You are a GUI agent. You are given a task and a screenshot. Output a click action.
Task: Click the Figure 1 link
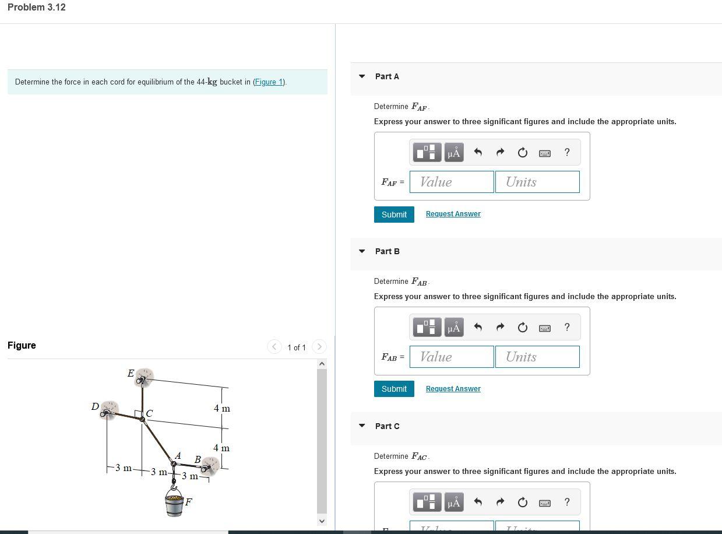coord(269,82)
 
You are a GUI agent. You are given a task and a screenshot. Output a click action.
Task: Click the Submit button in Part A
coord(394,215)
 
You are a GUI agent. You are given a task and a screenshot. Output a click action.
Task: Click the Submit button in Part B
coord(394,389)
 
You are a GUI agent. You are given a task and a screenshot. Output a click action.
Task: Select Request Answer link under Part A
coord(453,214)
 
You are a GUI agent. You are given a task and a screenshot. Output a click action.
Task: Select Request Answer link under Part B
coord(453,389)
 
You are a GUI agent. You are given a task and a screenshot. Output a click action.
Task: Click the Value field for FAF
coord(452,182)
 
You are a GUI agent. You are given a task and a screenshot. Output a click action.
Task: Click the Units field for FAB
coord(537,357)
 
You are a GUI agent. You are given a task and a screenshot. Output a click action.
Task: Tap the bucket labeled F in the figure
coord(174,503)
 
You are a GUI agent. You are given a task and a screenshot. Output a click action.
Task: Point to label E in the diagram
coord(131,373)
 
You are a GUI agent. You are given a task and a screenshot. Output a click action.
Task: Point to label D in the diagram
coord(95,406)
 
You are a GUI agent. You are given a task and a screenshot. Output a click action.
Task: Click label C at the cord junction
coord(149,413)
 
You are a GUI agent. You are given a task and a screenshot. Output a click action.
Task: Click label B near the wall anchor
coord(198,460)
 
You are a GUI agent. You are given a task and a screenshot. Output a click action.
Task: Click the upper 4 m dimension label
coord(221,409)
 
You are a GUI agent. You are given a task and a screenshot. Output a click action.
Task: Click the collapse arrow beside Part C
coord(362,426)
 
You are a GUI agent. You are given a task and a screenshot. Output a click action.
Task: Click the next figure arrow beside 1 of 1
coord(319,347)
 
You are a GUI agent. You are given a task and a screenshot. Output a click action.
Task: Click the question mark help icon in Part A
coord(567,152)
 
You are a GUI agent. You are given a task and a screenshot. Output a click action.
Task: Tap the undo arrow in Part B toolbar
coord(478,327)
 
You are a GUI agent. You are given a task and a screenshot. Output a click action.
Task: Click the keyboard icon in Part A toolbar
coord(545,153)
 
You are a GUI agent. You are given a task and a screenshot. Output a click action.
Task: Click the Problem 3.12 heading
coord(37,8)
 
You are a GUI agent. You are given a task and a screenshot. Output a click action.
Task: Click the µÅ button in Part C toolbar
coord(454,502)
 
